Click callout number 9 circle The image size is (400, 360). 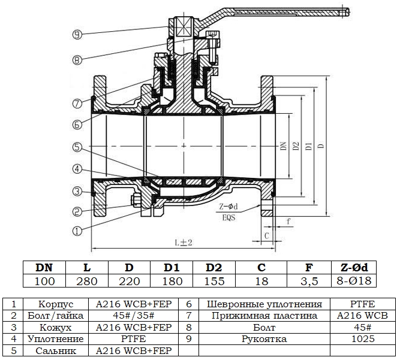click(x=77, y=35)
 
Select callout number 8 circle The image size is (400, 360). click(x=77, y=59)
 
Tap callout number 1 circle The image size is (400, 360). click(x=77, y=229)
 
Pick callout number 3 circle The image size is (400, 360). click(x=77, y=191)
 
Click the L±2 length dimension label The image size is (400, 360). click(x=183, y=243)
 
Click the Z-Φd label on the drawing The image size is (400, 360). click(x=228, y=207)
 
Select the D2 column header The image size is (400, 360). click(x=214, y=267)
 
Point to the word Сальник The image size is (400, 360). click(x=55, y=350)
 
